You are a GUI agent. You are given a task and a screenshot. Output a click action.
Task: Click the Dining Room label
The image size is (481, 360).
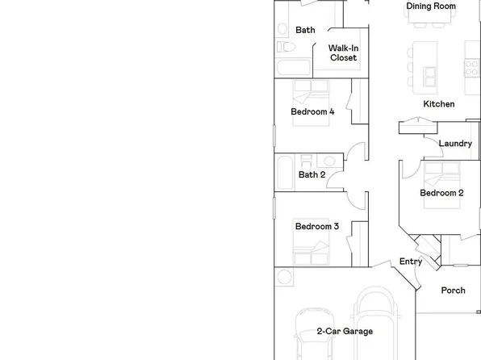click(431, 6)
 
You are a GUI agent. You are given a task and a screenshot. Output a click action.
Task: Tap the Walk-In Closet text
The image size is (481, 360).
click(343, 53)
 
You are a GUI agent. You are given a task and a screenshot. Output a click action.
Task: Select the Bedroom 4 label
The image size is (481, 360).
click(312, 112)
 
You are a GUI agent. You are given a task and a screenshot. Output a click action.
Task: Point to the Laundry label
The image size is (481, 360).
click(454, 144)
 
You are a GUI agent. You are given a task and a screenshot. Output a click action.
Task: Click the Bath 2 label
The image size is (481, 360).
click(312, 174)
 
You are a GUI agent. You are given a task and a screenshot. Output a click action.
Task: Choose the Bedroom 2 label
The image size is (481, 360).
click(441, 193)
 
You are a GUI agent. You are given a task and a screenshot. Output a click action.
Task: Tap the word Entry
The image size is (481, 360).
click(411, 262)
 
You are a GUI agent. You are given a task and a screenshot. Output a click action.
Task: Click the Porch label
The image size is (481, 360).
click(453, 291)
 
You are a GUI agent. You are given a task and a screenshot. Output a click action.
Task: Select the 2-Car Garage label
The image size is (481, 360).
click(345, 331)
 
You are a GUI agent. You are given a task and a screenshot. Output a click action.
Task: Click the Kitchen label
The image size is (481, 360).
click(439, 104)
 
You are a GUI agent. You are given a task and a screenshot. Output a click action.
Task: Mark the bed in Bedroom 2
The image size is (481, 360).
click(442, 172)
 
